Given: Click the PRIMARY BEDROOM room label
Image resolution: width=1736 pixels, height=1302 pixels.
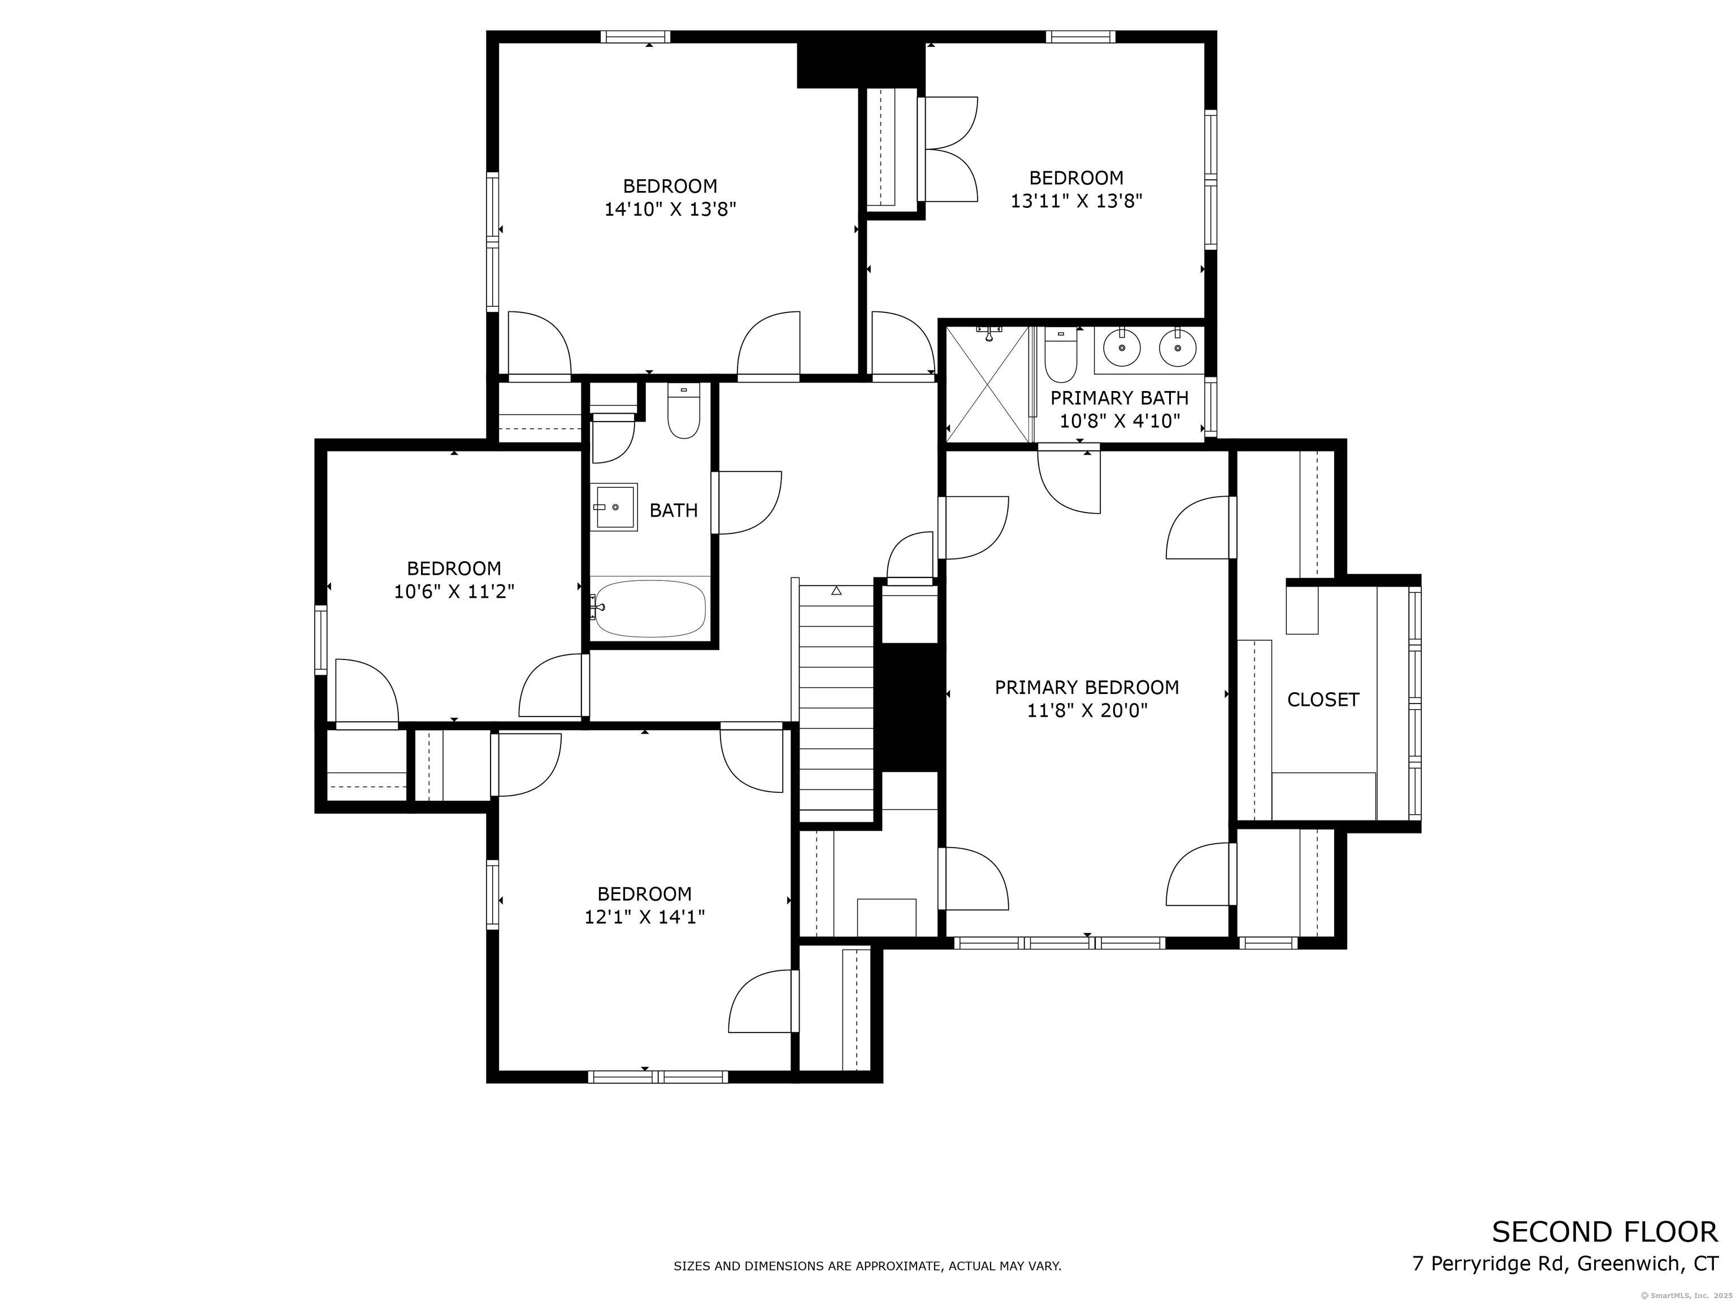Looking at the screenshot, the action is [x=1087, y=688].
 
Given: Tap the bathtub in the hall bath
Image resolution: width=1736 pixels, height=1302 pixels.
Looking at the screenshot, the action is [x=650, y=608].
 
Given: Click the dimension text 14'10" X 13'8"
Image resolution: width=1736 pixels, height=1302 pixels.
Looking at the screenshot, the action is [x=670, y=210].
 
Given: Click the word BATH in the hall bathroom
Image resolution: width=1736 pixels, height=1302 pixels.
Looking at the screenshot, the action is [x=674, y=510].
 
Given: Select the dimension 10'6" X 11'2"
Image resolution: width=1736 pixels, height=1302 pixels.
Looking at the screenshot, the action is [x=454, y=592].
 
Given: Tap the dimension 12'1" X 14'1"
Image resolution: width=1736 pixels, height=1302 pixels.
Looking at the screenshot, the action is [x=644, y=917].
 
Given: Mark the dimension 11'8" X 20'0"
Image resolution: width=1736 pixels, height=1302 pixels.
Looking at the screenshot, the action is [x=1087, y=711].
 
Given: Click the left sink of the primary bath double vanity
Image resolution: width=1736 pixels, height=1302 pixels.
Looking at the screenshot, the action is [x=1122, y=347].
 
